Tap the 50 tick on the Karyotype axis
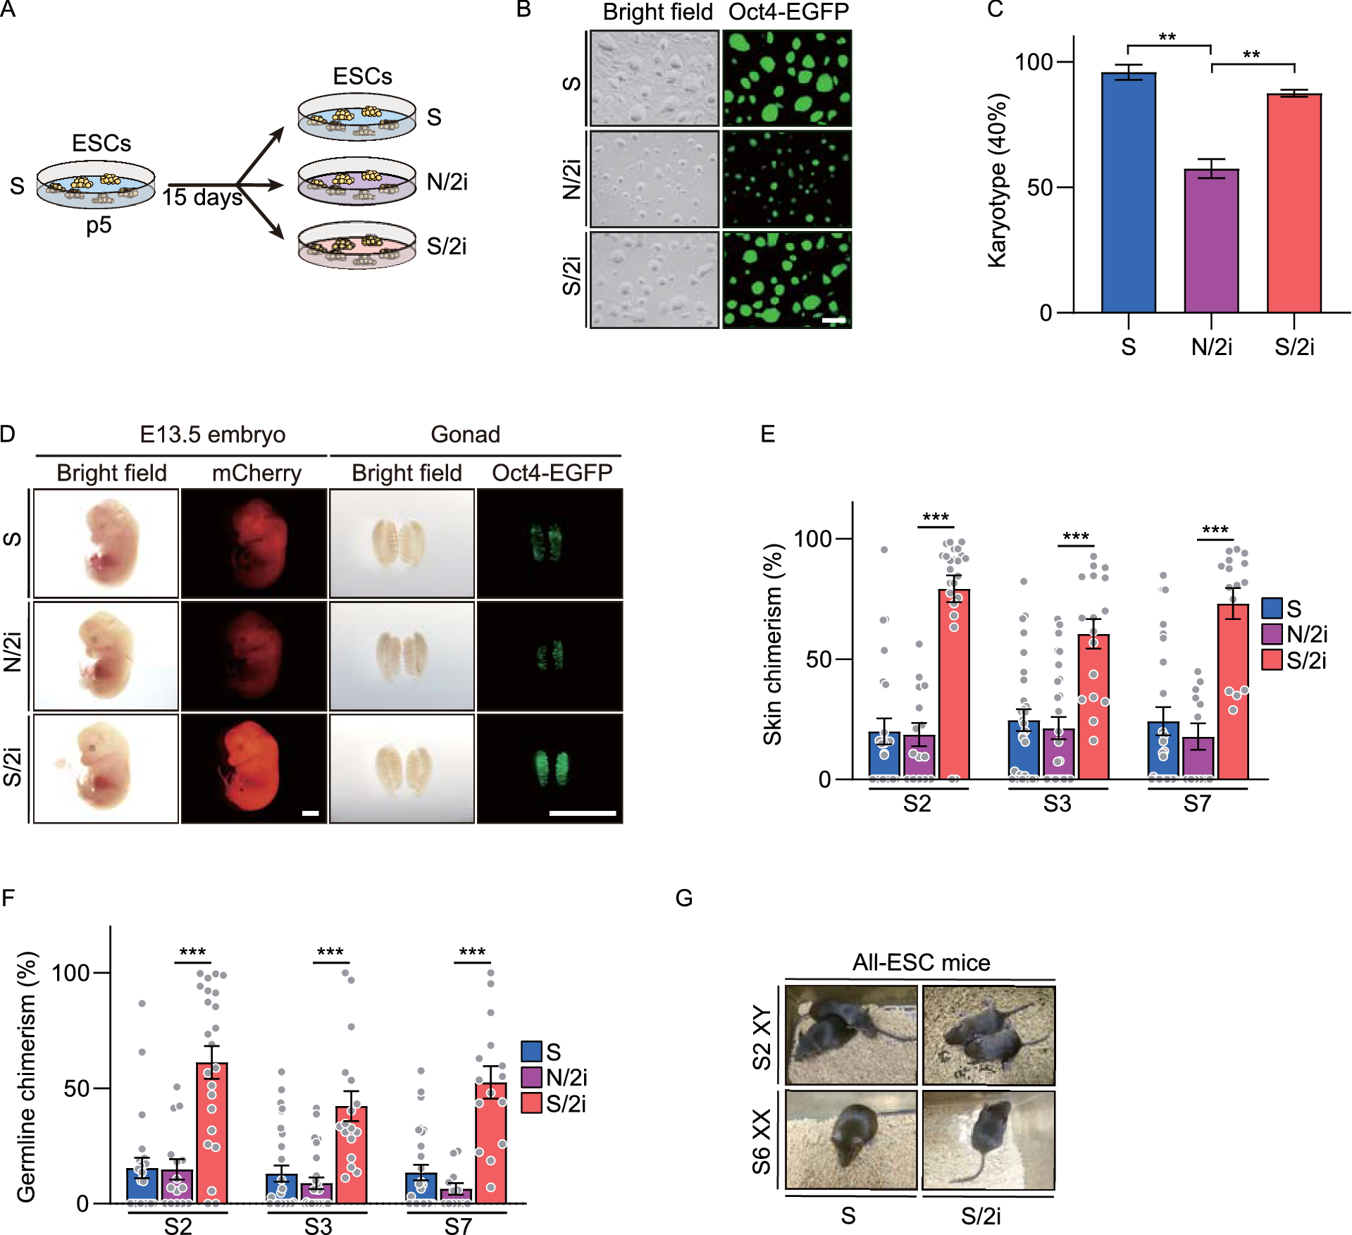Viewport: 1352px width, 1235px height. point(1039,187)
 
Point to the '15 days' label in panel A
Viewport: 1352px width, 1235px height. point(202,197)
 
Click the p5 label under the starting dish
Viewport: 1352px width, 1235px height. point(99,225)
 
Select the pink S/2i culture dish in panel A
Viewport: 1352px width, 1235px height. point(357,245)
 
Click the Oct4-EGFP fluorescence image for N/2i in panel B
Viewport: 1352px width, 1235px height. point(787,179)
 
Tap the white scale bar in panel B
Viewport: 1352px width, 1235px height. point(833,321)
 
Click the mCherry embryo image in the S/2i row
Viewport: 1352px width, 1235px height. point(254,768)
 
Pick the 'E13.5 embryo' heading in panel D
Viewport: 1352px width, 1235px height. point(212,435)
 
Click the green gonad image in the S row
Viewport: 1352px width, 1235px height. point(550,544)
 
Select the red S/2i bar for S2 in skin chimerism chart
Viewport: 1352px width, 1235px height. point(954,683)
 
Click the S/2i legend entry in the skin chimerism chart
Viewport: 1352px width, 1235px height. point(1294,661)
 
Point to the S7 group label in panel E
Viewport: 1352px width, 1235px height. point(1196,804)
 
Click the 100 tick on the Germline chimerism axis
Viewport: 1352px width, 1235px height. point(71,974)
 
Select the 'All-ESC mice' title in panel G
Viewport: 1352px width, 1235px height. point(921,962)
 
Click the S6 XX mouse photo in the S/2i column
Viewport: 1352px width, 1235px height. point(988,1140)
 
